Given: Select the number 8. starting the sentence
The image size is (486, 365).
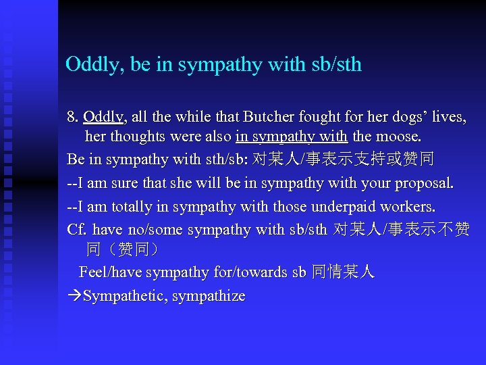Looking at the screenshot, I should [x=73, y=118].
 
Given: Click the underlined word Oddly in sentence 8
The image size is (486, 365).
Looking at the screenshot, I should [x=103, y=118].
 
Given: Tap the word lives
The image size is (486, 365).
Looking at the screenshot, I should [x=448, y=118].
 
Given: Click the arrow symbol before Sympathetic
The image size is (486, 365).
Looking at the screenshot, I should [x=74, y=296].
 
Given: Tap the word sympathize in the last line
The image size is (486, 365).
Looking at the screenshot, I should [x=210, y=296].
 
